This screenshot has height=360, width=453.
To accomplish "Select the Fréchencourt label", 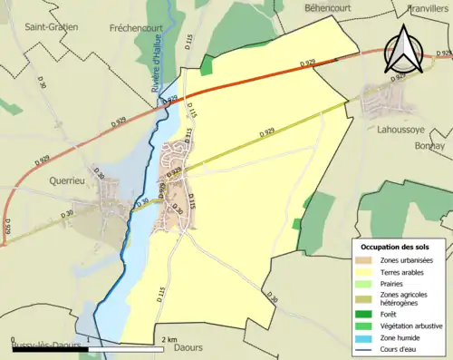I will [135, 27].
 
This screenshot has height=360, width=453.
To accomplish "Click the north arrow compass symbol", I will [403, 50].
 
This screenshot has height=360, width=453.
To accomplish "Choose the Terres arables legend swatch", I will [363, 272].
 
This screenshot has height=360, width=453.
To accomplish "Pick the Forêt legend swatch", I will [363, 315].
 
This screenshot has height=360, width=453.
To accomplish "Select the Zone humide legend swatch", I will [363, 336].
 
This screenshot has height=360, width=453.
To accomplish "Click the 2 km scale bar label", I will [169, 339].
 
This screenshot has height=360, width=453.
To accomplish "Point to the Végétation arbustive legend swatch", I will [363, 326].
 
